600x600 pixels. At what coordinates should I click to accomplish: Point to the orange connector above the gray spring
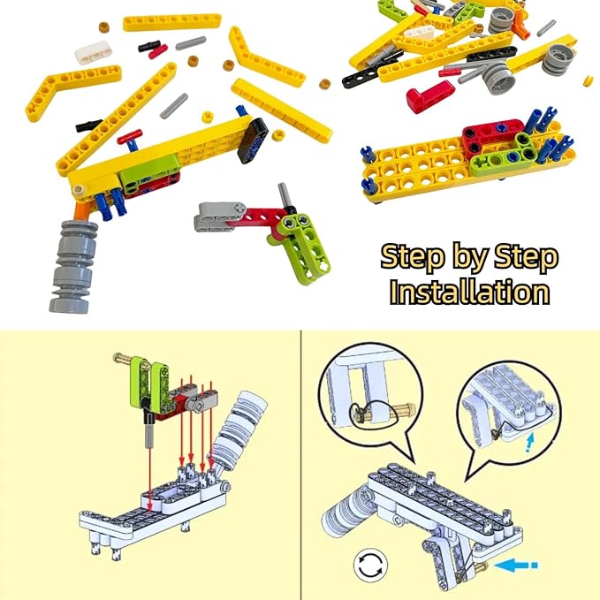(x=81, y=209)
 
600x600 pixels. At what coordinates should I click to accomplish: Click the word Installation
(x=469, y=292)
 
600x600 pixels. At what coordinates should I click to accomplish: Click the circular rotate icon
(x=367, y=565)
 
